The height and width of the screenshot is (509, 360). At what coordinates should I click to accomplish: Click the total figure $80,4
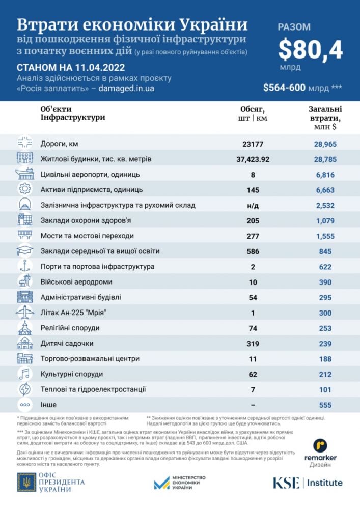[x=311, y=50]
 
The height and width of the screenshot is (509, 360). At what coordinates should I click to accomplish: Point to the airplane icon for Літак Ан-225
[x=24, y=313]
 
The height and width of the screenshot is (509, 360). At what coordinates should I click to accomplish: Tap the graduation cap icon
[x=24, y=251]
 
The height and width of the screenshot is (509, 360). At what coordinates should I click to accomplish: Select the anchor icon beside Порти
[x=24, y=266]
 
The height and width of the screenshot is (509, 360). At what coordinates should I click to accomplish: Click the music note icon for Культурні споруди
[x=24, y=374]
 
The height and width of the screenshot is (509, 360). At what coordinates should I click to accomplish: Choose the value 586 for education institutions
[x=252, y=251]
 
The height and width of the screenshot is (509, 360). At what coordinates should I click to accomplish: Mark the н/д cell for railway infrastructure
[x=252, y=205]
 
